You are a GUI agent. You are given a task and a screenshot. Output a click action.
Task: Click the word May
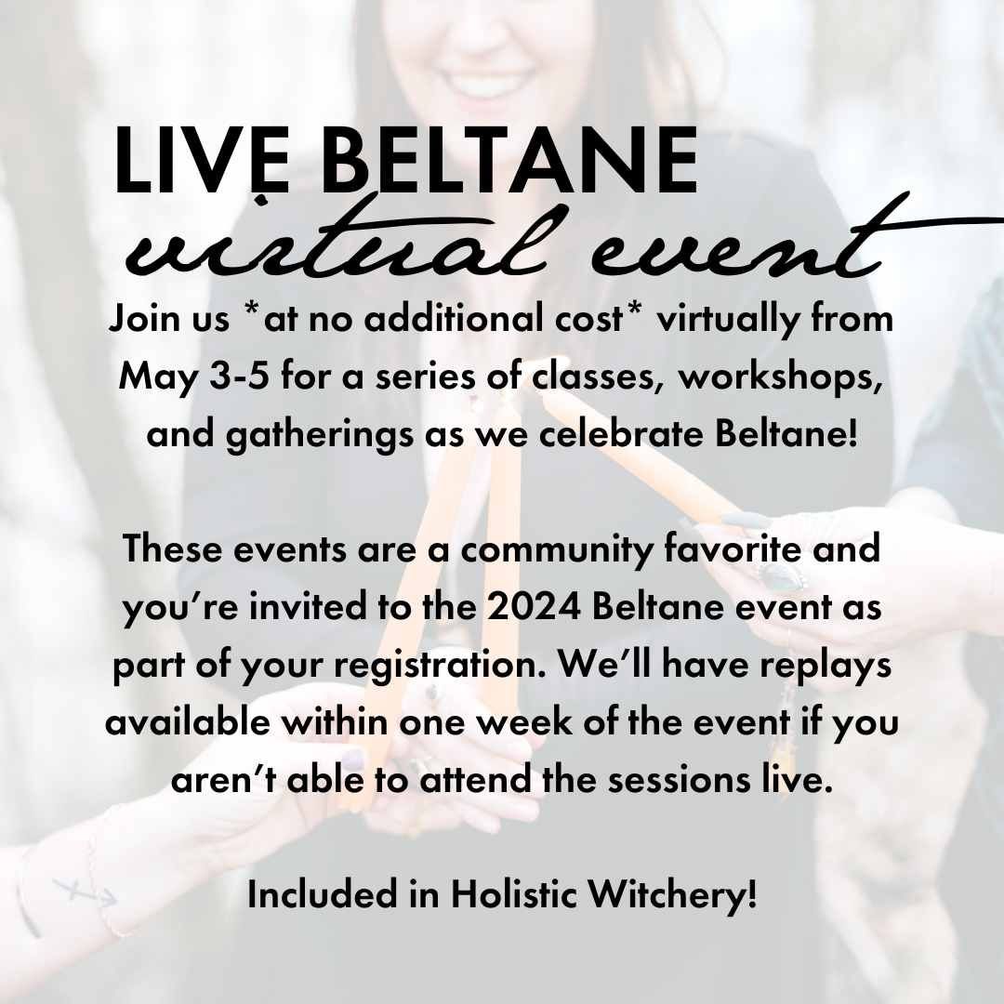tap(158, 377)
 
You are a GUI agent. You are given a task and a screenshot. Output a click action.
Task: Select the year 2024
tap(534, 607)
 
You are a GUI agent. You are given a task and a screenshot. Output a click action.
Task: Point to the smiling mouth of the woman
tap(487, 83)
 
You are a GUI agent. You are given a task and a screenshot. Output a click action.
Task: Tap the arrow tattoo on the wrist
tap(86, 892)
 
